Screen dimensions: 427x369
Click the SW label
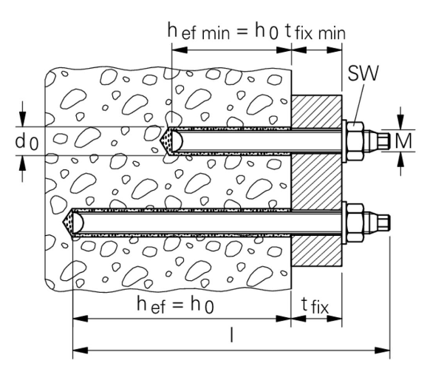point(363,72)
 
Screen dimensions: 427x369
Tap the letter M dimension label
point(403,141)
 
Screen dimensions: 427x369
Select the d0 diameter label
point(27,142)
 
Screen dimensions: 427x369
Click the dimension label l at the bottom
point(231,335)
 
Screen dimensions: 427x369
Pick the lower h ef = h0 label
point(175,305)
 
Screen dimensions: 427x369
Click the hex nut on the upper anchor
point(355,141)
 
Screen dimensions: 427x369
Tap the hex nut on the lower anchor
point(355,223)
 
